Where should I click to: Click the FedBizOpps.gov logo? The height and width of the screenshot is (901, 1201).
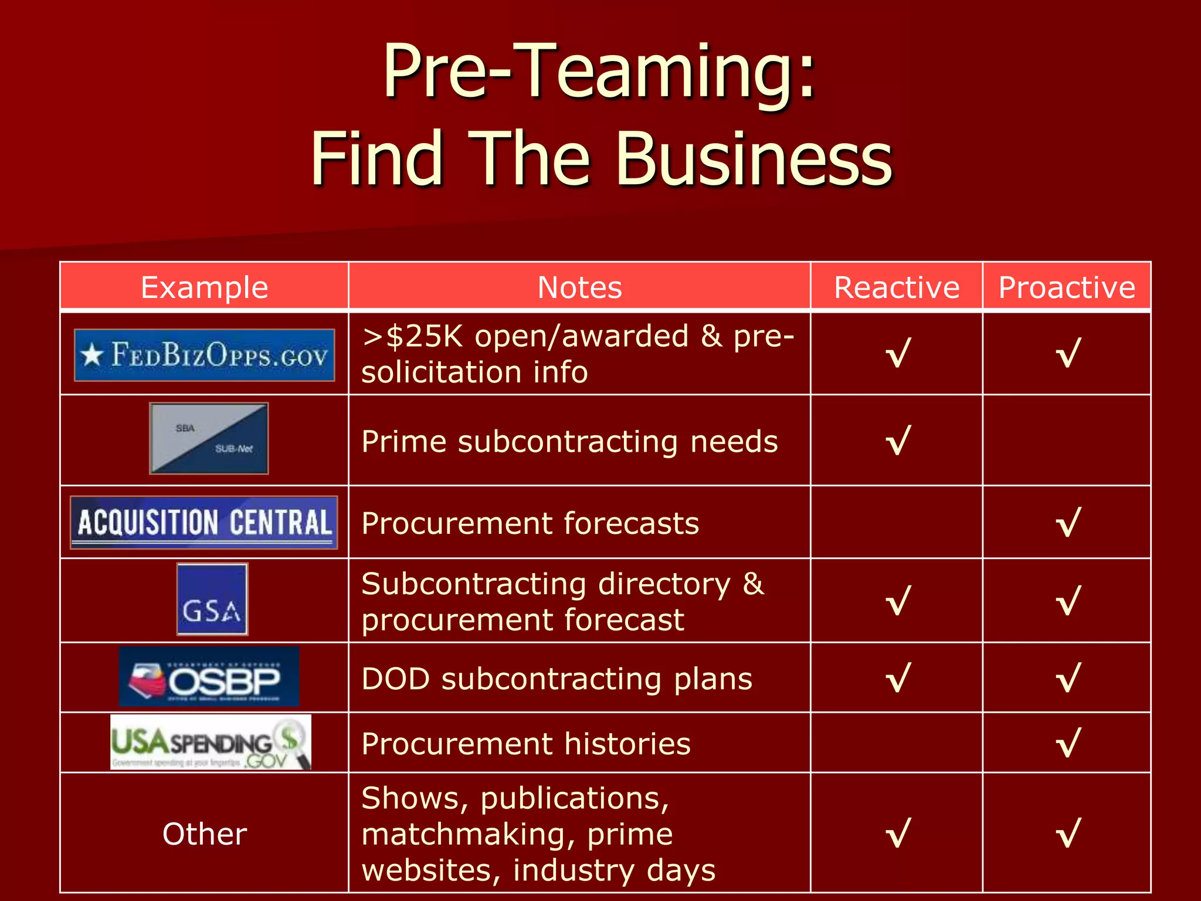pyautogui.click(x=204, y=355)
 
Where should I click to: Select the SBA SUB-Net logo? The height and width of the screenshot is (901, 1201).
pyautogui.click(x=209, y=438)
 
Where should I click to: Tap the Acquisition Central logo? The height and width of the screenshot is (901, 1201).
pyautogui.click(x=203, y=522)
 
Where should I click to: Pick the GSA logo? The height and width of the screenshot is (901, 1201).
pyautogui.click(x=212, y=599)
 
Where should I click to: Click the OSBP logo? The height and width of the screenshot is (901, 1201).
pyautogui.click(x=209, y=676)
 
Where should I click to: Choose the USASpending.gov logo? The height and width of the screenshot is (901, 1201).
pyautogui.click(x=211, y=742)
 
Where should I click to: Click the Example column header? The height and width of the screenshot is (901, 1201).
pyautogui.click(x=204, y=287)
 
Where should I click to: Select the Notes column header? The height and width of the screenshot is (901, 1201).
pyautogui.click(x=579, y=287)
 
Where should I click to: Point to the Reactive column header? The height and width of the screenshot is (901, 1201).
pyautogui.click(x=897, y=287)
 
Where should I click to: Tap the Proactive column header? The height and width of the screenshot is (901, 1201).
pyautogui.click(x=1067, y=287)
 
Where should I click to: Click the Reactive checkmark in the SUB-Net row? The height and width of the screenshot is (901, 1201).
pyautogui.click(x=898, y=441)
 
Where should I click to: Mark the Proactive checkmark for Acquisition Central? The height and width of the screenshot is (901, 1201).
pyautogui.click(x=1068, y=523)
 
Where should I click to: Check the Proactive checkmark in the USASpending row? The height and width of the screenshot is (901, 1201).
pyautogui.click(x=1068, y=743)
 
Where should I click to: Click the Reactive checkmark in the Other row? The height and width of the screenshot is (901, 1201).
pyautogui.click(x=898, y=834)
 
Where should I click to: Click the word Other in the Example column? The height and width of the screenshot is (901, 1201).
pyautogui.click(x=204, y=834)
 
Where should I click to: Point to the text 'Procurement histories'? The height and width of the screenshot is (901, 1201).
pyautogui.click(x=526, y=744)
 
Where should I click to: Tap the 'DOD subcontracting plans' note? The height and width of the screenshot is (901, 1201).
pyautogui.click(x=557, y=679)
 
